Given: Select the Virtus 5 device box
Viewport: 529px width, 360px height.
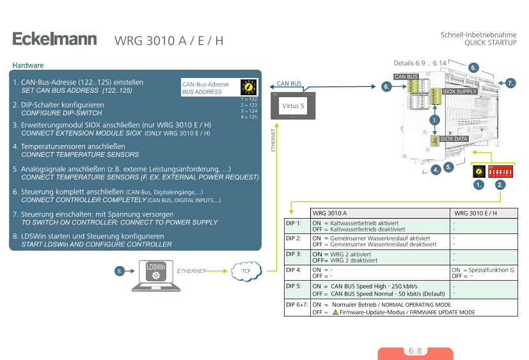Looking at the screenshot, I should click(x=293, y=104).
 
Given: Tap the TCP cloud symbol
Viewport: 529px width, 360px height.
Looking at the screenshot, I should click(x=246, y=271).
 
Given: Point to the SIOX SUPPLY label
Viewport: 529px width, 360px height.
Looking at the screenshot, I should click(x=460, y=91).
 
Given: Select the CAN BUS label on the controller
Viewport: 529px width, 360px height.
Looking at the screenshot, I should click(x=406, y=77).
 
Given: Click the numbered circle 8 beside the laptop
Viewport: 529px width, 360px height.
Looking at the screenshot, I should click(x=120, y=271).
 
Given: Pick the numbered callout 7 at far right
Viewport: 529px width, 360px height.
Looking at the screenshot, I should click(x=510, y=83).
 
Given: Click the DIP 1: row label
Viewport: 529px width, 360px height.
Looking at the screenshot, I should click(x=294, y=223).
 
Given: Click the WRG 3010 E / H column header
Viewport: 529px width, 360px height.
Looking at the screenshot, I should click(x=475, y=213).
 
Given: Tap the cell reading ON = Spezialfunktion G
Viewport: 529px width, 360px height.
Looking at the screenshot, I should click(x=484, y=270).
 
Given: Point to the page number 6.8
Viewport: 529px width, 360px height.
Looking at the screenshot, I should click(x=415, y=351).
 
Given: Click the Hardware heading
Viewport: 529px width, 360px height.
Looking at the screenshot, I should click(x=28, y=65).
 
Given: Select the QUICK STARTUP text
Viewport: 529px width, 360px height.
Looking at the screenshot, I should click(x=490, y=42).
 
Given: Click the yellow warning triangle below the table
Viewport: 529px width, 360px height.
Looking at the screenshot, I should click(x=335, y=312).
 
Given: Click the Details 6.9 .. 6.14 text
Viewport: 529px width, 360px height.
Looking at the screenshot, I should click(x=420, y=63).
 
